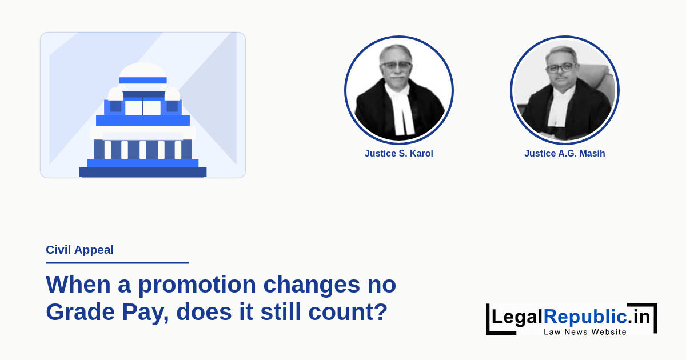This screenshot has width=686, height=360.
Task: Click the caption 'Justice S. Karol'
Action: (399, 153)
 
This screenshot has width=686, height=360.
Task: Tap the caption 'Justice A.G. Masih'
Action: (565, 153)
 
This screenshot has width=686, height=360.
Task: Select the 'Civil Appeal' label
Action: (79, 250)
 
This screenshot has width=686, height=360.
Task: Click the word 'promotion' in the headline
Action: (197, 285)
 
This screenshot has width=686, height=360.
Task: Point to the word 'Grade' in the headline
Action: (80, 312)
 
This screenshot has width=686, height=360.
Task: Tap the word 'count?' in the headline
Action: (348, 312)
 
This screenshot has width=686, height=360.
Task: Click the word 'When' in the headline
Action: (78, 285)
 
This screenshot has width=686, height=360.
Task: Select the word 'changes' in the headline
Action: (312, 285)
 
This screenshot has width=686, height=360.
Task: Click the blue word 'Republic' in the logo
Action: (585, 317)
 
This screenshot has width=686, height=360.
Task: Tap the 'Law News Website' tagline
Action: (585, 332)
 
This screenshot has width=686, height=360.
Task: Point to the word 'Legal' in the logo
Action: (517, 317)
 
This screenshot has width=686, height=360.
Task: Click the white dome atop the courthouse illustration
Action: (143, 70)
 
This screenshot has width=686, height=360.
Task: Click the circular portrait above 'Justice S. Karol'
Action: (399, 90)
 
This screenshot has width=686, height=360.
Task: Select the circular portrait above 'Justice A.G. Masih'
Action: (565, 90)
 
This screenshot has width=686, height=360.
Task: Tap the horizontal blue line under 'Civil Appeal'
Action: (117, 263)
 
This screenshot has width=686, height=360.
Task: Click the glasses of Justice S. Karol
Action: (396, 65)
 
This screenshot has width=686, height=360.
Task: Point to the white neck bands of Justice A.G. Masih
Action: (561, 107)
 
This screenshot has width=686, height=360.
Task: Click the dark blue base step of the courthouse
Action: (143, 172)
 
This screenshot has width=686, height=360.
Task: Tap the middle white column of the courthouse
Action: (143, 150)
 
